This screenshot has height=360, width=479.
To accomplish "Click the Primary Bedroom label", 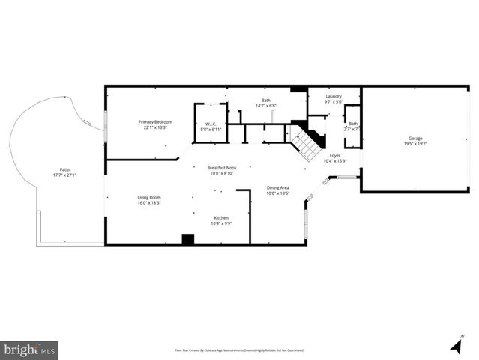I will pos(155,121).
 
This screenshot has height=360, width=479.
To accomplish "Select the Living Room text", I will pos(149,197).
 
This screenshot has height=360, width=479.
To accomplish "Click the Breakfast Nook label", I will pos(222,167).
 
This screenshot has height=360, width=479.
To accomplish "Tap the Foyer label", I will pos(334,155).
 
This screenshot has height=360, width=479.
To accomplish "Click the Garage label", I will pos(415,138).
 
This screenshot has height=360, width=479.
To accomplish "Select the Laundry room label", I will pos(334,96).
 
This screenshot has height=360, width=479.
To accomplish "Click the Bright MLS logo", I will pos(30,349).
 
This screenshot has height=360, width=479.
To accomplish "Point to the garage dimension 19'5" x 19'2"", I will pos(415,144).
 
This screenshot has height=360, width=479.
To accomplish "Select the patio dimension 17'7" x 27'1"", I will pos(64,175).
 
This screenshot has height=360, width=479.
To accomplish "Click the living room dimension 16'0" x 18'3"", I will pos(149,203).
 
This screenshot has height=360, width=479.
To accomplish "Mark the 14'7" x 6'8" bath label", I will pos(265,106).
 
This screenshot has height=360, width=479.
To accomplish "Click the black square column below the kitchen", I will pos(188,239).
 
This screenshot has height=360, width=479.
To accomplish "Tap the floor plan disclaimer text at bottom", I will pos(239,350).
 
